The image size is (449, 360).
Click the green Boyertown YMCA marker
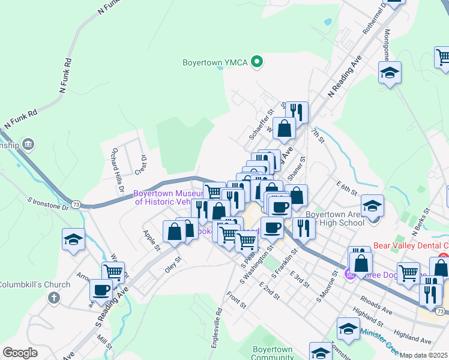click(x=258, y=61)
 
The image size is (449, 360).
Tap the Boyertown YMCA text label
click(x=216, y=62)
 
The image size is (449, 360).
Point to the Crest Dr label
click(x=142, y=164)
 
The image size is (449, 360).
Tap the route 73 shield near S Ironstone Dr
click(x=76, y=205)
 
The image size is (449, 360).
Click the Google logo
click(x=20, y=353)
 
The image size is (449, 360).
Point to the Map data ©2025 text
click(x=424, y=355)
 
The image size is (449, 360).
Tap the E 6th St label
click(x=347, y=188)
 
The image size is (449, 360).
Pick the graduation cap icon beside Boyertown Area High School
click(x=373, y=205)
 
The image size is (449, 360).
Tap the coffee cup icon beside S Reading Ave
click(x=101, y=290)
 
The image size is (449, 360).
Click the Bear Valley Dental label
click(x=411, y=245)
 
